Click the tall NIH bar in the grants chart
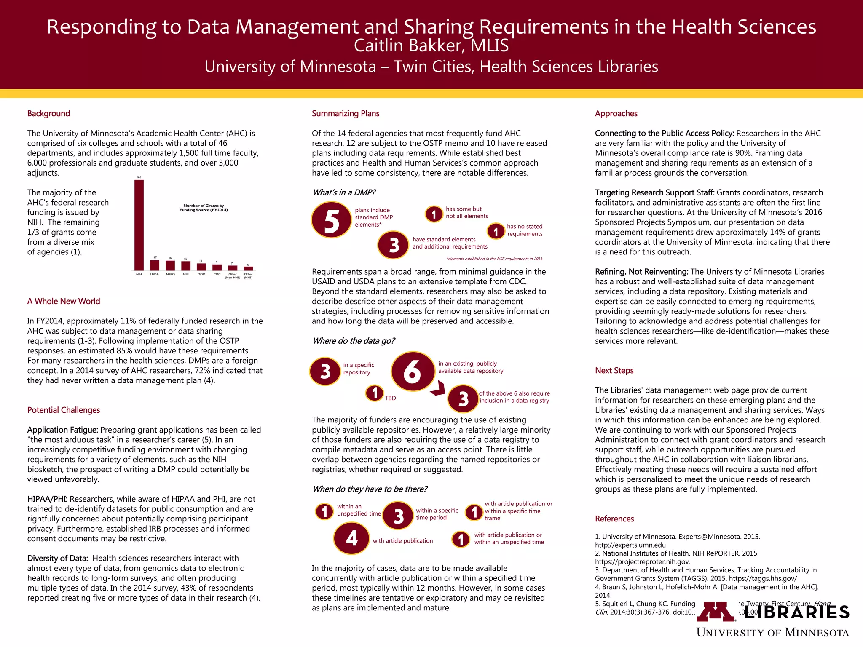point(139,225)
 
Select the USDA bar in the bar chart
point(155,265)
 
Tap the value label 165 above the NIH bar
point(139,177)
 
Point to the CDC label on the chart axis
point(217,274)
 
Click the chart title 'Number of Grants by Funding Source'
point(204,208)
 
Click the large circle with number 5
point(332,220)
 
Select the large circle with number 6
point(413,372)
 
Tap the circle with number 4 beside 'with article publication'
point(351,538)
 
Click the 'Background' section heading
point(48,113)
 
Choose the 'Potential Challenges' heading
point(64,410)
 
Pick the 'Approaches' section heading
point(616,113)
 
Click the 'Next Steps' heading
point(614,370)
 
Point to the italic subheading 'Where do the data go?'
point(353,341)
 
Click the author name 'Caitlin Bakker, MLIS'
point(431,45)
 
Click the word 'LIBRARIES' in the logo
point(797,612)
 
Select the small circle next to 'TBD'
point(374,393)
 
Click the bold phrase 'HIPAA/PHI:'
point(47,499)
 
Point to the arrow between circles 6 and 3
point(439,388)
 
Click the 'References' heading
point(614,519)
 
